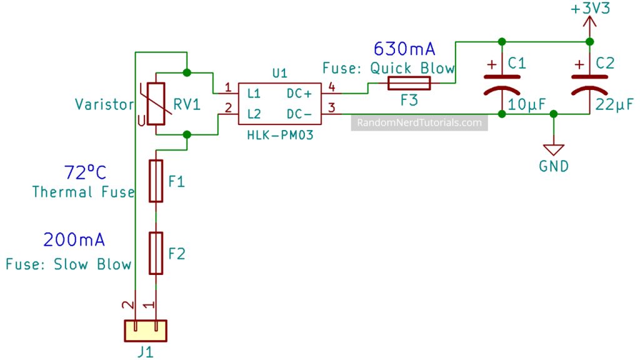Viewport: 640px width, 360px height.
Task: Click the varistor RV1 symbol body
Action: pyautogui.click(x=156, y=104)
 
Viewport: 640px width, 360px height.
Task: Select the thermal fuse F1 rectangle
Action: pyautogui.click(x=156, y=181)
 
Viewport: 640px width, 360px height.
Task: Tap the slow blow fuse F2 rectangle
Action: pyautogui.click(x=156, y=253)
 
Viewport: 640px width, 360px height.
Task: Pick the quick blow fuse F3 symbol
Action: pyautogui.click(x=409, y=83)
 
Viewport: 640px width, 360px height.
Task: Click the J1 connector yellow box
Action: pyautogui.click(x=146, y=331)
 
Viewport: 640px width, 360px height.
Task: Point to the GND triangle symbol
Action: pyautogui.click(x=554, y=150)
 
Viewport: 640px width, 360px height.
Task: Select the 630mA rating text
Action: pyautogui.click(x=404, y=49)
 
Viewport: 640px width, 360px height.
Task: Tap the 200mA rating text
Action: pyautogui.click(x=74, y=239)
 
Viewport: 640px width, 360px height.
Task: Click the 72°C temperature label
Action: pyautogui.click(x=85, y=172)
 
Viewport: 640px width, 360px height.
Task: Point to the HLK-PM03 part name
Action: pyautogui.click(x=280, y=135)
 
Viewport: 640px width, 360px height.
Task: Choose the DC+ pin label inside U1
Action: pyautogui.click(x=299, y=94)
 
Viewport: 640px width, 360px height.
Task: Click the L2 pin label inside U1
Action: pyautogui.click(x=254, y=114)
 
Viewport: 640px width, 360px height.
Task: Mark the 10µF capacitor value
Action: pyautogui.click(x=526, y=104)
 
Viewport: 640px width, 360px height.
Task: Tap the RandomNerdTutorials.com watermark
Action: pyautogui.click(x=419, y=122)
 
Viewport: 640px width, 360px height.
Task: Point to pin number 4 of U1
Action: pyautogui.click(x=331, y=87)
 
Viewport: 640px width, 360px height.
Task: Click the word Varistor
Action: pyautogui.click(x=104, y=104)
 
